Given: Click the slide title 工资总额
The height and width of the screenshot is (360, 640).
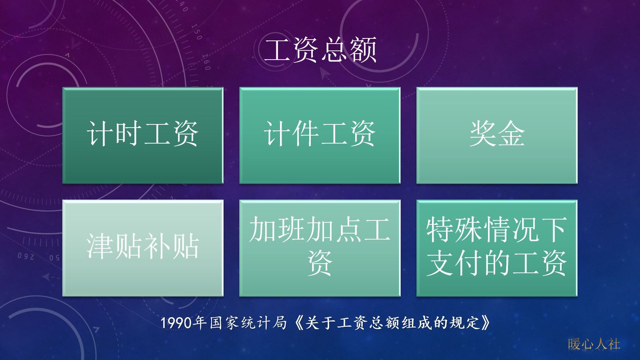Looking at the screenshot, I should (320, 50).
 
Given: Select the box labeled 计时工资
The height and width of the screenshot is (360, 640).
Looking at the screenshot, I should (143, 135).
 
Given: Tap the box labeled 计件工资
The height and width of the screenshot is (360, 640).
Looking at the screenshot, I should (320, 135).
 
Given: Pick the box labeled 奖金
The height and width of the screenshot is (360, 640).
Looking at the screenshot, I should (497, 135).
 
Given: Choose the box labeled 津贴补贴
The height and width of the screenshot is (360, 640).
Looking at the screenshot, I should (143, 248).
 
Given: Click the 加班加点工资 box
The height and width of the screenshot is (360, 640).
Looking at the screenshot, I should (320, 248).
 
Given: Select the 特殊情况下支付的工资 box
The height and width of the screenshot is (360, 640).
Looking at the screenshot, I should (497, 248).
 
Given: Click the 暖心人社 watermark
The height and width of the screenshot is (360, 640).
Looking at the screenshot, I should (594, 344).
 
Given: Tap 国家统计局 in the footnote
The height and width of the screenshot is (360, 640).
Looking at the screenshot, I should (248, 323).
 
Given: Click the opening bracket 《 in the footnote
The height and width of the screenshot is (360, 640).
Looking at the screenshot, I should (298, 323).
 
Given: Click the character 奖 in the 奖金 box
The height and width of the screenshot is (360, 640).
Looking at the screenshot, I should (483, 134).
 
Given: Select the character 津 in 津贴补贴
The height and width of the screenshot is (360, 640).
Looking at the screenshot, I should (100, 246).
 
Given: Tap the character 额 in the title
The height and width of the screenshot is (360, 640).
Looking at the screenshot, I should (363, 50).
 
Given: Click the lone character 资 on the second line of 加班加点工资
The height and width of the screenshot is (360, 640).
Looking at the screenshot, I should (320, 263).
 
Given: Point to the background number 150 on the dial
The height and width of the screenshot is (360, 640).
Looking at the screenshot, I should (196, 32).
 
